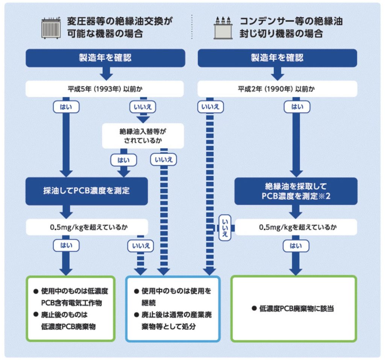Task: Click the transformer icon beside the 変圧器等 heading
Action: click(51, 27)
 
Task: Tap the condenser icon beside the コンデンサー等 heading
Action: click(224, 27)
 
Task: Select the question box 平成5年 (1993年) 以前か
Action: click(104, 89)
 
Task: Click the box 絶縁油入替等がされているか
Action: click(143, 136)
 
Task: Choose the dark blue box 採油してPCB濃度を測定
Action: click(86, 191)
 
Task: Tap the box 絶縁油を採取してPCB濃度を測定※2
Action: click(296, 191)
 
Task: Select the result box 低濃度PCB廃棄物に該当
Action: click(293, 309)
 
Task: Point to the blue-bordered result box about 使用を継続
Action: click(173, 309)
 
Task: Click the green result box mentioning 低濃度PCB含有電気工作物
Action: click(70, 309)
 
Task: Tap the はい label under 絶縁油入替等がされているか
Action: click(123, 160)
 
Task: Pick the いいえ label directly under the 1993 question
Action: click(142, 107)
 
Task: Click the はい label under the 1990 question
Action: click(297, 107)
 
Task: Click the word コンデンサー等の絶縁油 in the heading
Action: click(291, 20)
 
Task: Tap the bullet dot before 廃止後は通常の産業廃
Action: click(138, 315)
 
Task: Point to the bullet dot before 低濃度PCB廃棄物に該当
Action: click(255, 309)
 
